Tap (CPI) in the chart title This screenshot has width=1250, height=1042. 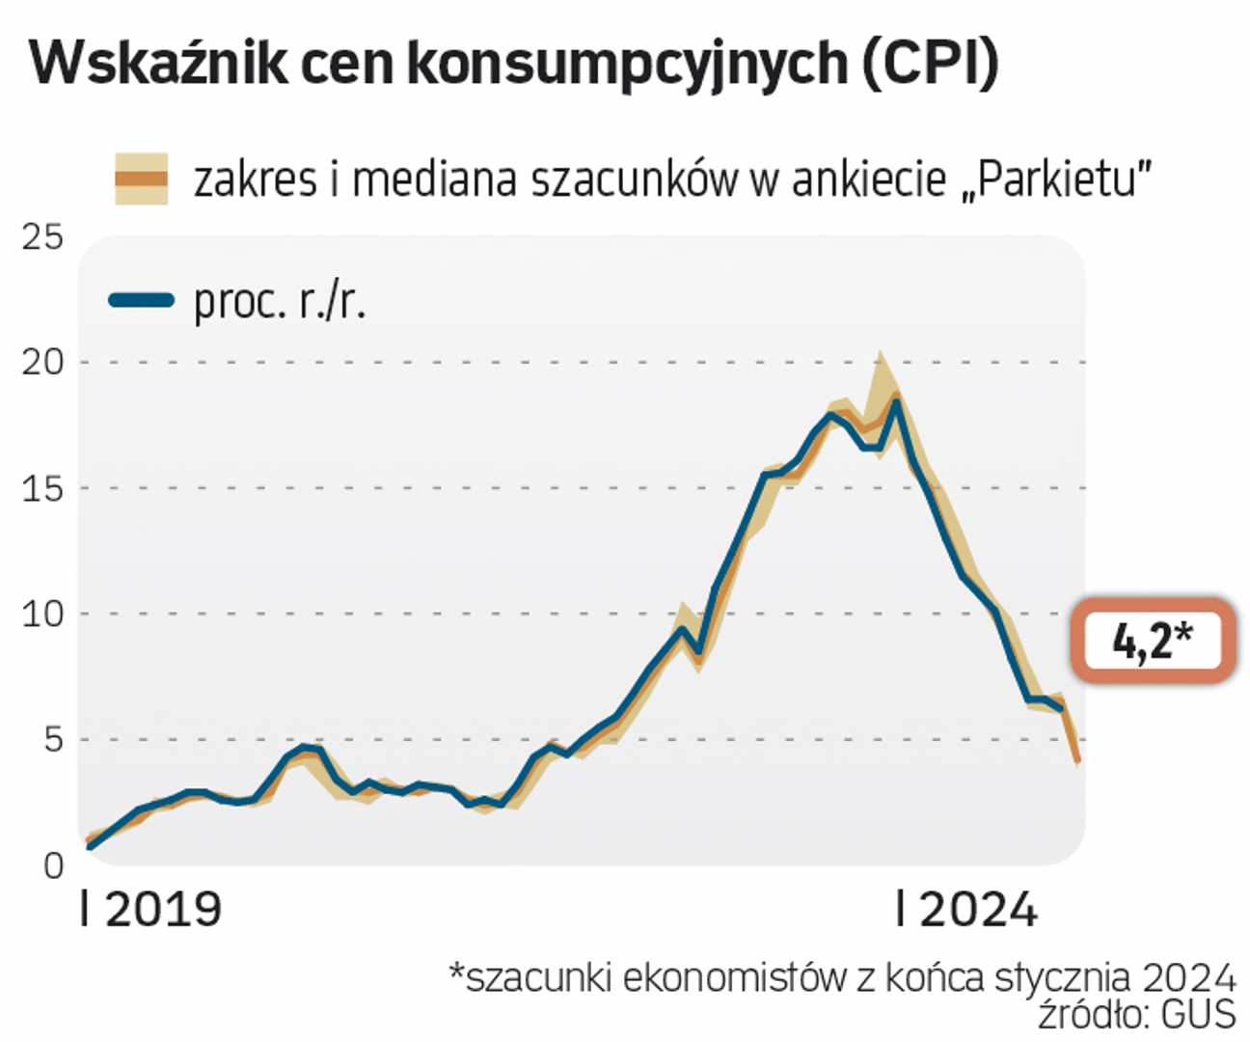pos(930,64)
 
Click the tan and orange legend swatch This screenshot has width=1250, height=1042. pos(141,178)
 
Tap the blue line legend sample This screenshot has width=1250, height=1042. pos(141,300)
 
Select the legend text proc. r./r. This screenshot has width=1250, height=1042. pos(280,302)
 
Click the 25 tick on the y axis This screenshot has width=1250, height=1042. pos(42,237)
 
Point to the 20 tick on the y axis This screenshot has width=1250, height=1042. pos(42,363)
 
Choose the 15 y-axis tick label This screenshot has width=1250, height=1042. pos(42,488)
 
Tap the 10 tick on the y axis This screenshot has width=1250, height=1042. pos(42,614)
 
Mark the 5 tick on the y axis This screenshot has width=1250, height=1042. pos(52,740)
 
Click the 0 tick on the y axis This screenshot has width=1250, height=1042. pos(53,865)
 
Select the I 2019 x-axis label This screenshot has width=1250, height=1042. pos(151,910)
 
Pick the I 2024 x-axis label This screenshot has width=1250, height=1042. pos(966,910)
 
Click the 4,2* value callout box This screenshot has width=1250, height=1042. pos(1153,641)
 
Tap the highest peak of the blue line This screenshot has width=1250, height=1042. pos(895,402)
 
